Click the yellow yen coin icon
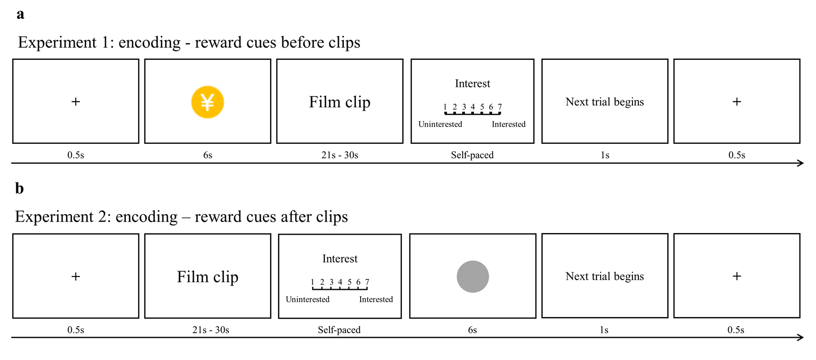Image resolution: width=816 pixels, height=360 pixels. pyautogui.click(x=208, y=101)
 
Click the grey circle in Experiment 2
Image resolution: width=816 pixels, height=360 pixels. pyautogui.click(x=473, y=276)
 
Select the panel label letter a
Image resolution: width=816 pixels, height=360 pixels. pyautogui.click(x=21, y=14)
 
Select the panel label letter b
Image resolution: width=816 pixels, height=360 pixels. pyautogui.click(x=20, y=189)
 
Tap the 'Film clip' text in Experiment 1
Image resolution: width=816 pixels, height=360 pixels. pyautogui.click(x=340, y=101)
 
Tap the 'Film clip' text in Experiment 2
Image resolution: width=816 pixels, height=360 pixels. pyautogui.click(x=207, y=276)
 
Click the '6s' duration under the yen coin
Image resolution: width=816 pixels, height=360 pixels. pyautogui.click(x=208, y=155)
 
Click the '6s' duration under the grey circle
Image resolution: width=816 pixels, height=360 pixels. pyautogui.click(x=472, y=330)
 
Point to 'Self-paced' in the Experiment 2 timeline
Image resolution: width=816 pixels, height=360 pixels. pyautogui.click(x=339, y=330)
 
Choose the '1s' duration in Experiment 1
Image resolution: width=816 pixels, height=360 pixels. pyautogui.click(x=604, y=155)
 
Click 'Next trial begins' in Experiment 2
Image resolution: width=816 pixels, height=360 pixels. pyautogui.click(x=604, y=276)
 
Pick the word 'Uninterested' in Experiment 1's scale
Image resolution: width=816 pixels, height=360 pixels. pyautogui.click(x=440, y=125)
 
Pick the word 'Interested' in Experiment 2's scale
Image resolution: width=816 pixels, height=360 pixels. pyautogui.click(x=376, y=300)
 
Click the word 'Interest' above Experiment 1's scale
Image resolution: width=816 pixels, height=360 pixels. pyautogui.click(x=472, y=84)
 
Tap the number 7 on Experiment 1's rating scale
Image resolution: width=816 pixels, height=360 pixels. pyautogui.click(x=500, y=107)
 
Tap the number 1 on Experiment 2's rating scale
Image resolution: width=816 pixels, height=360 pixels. pyautogui.click(x=313, y=282)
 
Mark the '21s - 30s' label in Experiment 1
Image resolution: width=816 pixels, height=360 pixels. pyautogui.click(x=339, y=155)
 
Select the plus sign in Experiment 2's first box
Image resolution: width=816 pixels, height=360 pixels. pyautogui.click(x=76, y=276)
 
